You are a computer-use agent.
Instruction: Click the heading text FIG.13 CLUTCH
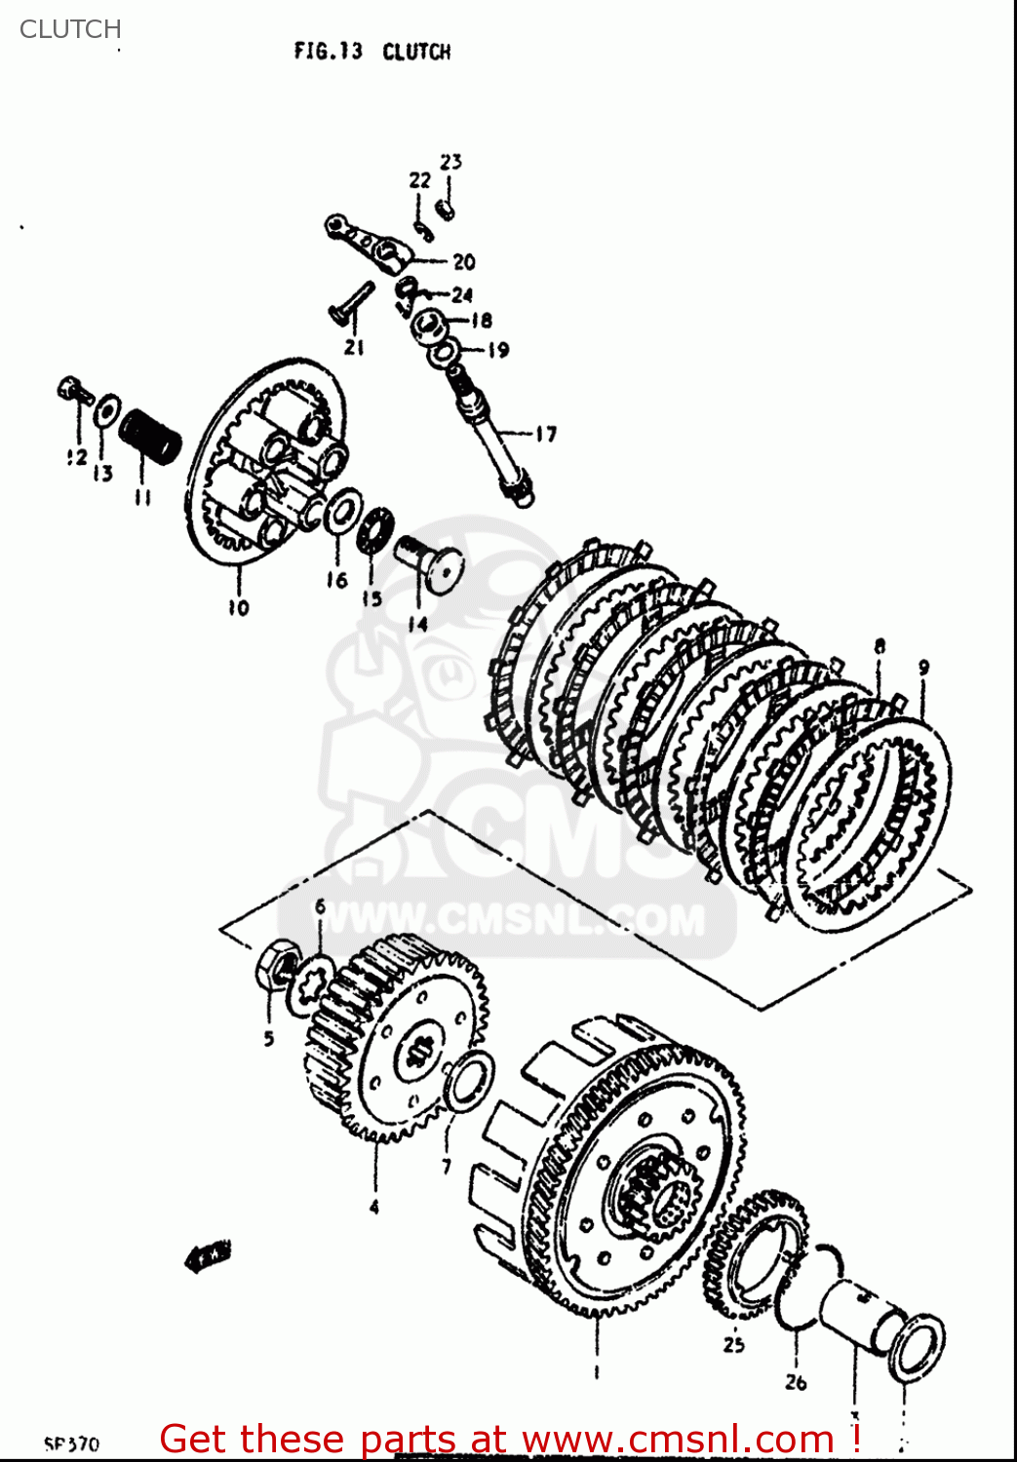372,51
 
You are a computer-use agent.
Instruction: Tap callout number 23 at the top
450,162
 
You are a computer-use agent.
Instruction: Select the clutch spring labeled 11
150,436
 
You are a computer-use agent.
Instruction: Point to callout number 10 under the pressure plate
238,607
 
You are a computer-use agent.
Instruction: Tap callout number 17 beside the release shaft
545,434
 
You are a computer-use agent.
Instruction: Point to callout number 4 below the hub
374,1207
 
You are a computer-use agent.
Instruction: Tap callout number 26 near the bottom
796,1381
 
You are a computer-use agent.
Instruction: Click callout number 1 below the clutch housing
597,1371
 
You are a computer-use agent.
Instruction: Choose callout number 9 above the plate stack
923,668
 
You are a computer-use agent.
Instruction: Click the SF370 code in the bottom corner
71,1443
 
